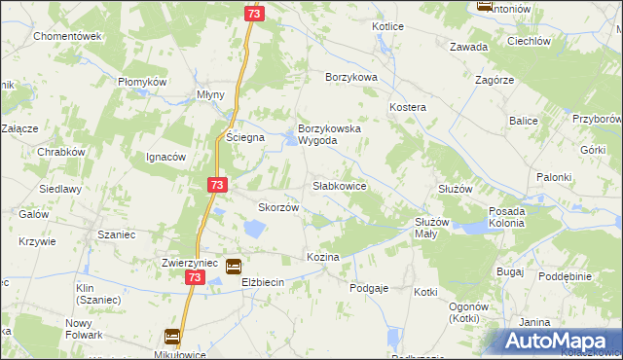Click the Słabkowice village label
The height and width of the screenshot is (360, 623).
pos(339,185)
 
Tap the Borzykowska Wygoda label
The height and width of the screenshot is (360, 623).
pos(330,134)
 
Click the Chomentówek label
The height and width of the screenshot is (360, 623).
pos(67,36)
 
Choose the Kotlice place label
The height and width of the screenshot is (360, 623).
pos(387,26)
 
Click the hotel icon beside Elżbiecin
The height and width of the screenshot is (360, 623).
pos(234,266)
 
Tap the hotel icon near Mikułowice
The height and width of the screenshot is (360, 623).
pos(172,337)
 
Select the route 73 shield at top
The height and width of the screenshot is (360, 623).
pos(254,14)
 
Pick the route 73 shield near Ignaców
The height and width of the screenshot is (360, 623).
pos(216,184)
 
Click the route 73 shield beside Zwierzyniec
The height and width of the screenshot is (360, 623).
pos(195,277)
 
